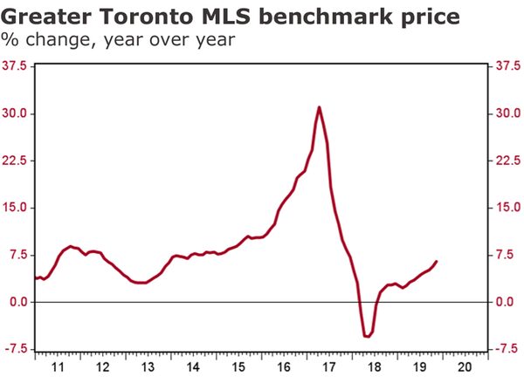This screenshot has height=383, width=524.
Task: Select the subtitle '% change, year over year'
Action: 118,40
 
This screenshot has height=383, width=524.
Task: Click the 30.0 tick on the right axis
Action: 507,113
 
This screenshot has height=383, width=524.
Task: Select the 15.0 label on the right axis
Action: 507,208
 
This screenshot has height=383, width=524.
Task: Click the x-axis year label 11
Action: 58,367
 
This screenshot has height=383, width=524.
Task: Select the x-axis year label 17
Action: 328,367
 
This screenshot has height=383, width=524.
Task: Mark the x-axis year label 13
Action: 148,367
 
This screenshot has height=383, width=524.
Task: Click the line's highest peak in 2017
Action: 320,107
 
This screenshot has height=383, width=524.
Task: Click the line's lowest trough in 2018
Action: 367,336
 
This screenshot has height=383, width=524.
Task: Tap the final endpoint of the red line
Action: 437,262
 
